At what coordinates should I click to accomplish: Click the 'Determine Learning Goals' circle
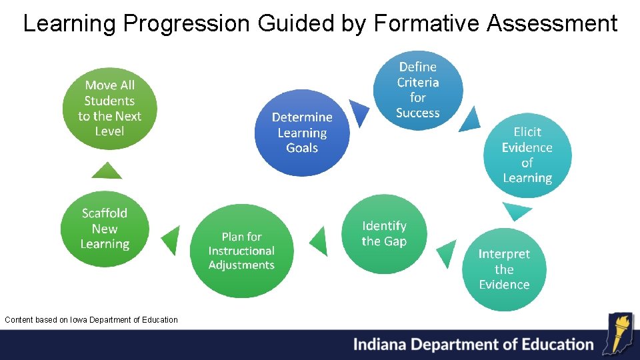click(x=302, y=133)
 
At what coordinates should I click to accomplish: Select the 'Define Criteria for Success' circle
click(x=418, y=89)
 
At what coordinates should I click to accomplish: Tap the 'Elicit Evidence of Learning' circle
click(x=527, y=155)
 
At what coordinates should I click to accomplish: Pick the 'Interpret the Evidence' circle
click(x=504, y=269)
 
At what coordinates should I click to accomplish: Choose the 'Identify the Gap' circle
click(x=384, y=234)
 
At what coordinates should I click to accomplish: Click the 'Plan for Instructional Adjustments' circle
click(x=241, y=251)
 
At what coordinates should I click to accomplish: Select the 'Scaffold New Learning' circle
click(x=105, y=229)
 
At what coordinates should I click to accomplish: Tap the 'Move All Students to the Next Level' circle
click(x=109, y=108)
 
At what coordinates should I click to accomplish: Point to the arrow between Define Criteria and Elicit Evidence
click(x=470, y=119)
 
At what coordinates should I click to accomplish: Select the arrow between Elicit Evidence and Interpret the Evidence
click(x=517, y=211)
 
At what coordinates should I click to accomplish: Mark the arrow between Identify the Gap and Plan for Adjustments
click(x=320, y=241)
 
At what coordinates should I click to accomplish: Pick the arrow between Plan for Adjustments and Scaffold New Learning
click(x=172, y=241)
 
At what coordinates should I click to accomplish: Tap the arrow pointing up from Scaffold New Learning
click(x=107, y=171)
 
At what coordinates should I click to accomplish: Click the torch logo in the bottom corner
click(x=617, y=333)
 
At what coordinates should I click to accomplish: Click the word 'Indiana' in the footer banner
click(x=380, y=345)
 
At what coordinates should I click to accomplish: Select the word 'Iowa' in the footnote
click(x=79, y=320)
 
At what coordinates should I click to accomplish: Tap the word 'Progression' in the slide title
click(x=186, y=23)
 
